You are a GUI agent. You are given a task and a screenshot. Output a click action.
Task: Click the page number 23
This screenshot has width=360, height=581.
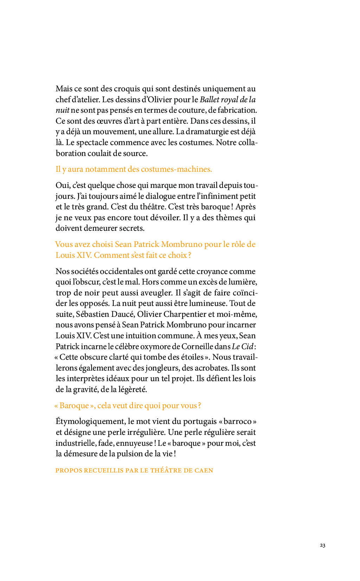click(x=322, y=545)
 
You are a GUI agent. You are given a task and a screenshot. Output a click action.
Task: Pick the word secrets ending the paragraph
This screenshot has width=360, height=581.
click(x=131, y=228)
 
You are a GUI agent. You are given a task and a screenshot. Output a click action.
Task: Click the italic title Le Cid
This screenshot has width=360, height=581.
click(x=243, y=347)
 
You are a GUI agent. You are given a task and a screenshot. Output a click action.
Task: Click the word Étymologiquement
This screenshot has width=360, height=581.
click(x=90, y=422)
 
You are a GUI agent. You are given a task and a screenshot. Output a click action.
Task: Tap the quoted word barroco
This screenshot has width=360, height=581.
click(x=237, y=422)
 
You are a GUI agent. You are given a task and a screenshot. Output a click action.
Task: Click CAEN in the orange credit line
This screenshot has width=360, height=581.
click(x=204, y=471)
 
